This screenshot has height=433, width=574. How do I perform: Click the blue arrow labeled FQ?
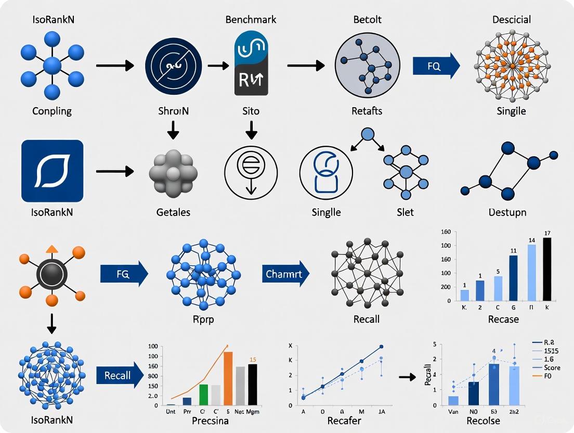point(436,67)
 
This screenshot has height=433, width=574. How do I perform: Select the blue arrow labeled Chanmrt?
point(285,273)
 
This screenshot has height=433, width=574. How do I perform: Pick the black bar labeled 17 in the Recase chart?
point(546,269)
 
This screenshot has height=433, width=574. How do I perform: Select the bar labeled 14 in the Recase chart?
point(531,272)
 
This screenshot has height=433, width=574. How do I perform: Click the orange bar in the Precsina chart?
point(228,378)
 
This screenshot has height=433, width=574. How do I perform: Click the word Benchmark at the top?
point(251,20)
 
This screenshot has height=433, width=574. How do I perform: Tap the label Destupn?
point(507,212)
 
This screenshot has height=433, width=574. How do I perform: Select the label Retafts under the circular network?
point(367,111)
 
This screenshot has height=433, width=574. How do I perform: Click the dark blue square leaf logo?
point(52,171)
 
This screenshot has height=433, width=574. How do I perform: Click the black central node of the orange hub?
point(51,273)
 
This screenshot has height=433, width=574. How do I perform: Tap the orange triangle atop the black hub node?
point(52,249)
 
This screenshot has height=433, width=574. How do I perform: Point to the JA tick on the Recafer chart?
point(382,411)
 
